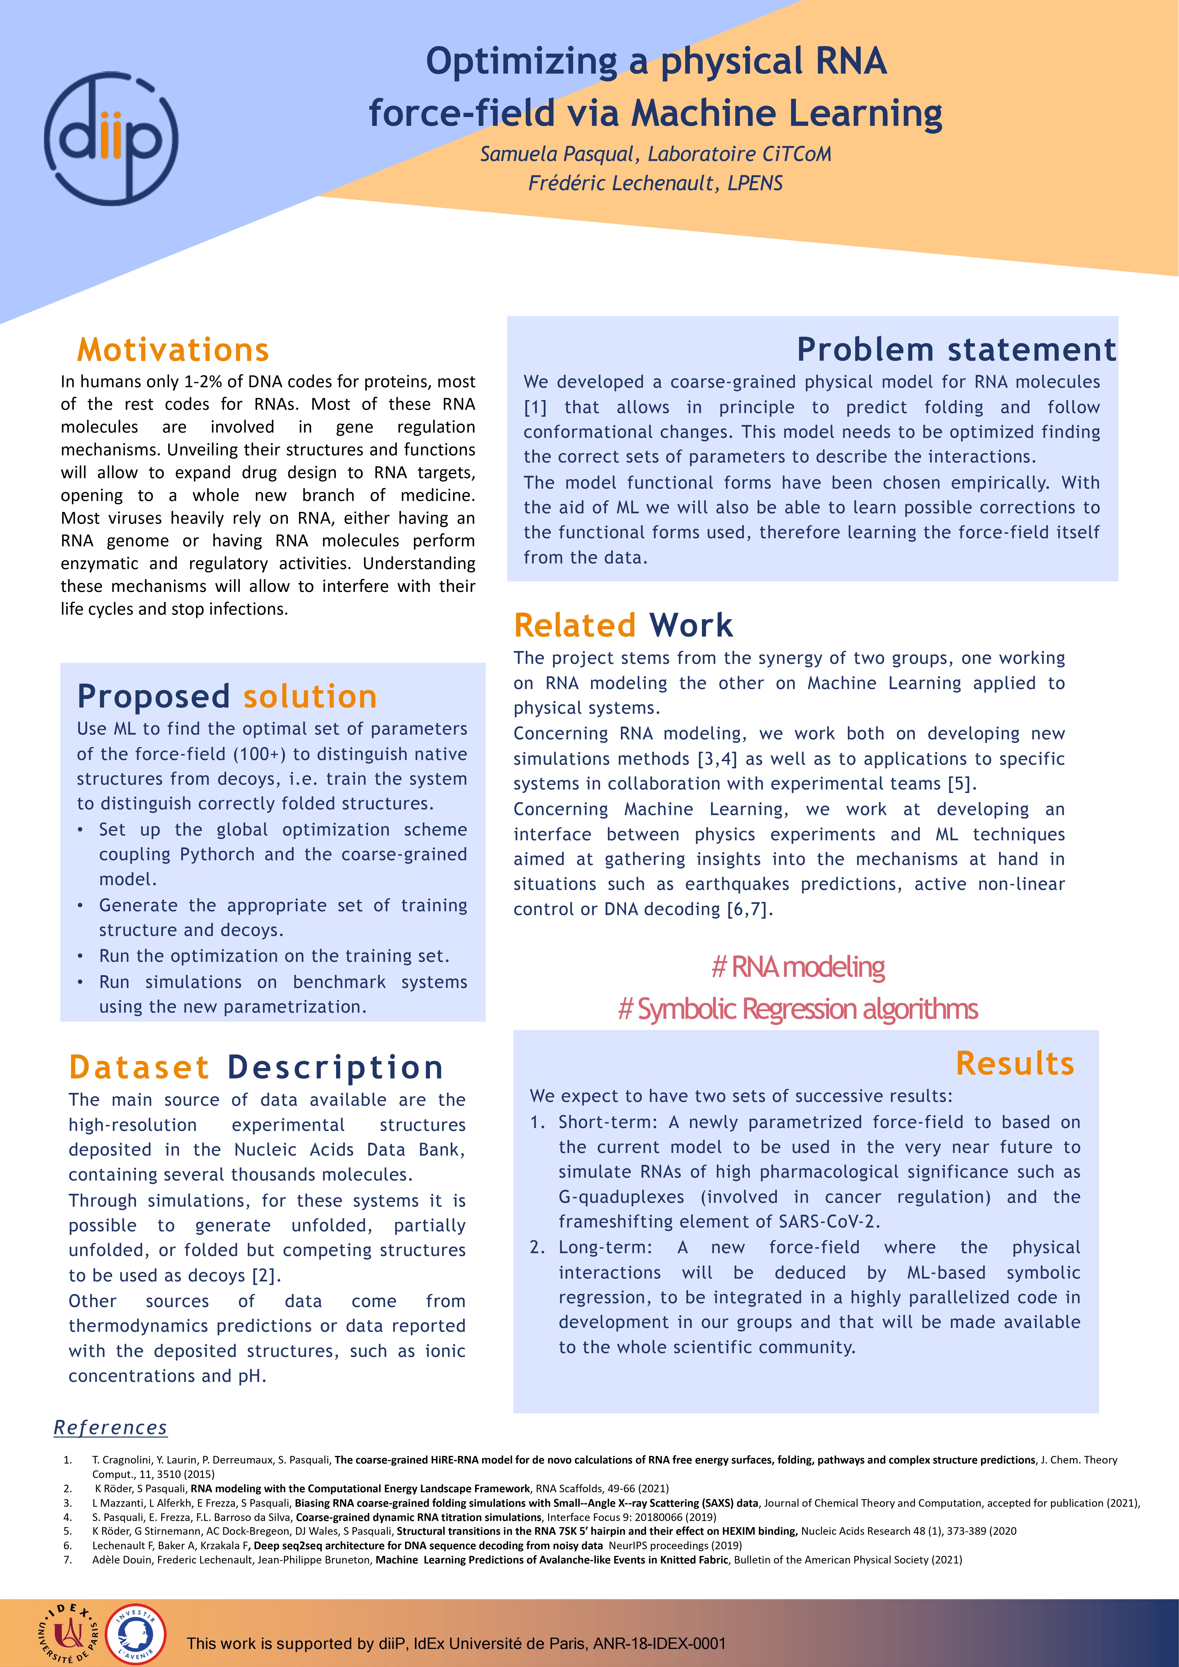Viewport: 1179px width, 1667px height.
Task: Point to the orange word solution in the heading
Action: click(x=310, y=696)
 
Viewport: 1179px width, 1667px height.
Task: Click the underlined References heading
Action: click(x=110, y=1427)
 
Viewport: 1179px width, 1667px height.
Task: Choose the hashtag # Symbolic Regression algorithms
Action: click(x=798, y=1009)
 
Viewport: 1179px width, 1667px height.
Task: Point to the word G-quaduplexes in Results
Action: click(x=621, y=1196)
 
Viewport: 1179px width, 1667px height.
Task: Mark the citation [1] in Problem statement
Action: click(x=535, y=407)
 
